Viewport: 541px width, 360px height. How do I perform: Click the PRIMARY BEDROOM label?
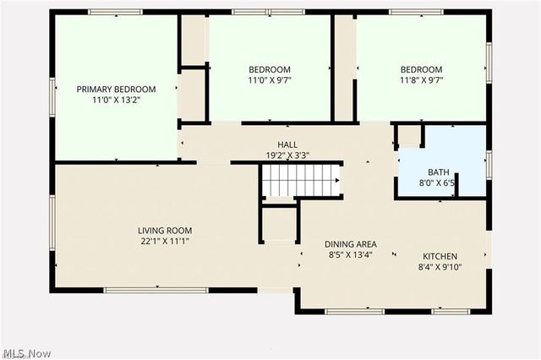116,89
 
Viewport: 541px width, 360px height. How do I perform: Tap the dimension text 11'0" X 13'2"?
116,100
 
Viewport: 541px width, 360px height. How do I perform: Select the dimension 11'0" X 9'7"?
269,80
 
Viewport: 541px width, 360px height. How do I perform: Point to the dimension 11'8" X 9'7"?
421,80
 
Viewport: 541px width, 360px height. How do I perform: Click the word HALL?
287,145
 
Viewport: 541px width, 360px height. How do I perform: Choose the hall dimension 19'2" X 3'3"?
287,155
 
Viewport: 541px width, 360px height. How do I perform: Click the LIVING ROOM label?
165,231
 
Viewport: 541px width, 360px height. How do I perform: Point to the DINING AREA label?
351,244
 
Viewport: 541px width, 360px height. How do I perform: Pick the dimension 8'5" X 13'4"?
351,256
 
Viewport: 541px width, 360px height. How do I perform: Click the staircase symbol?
300,180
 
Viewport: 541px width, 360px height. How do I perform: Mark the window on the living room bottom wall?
156,290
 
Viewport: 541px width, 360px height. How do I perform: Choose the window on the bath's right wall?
489,164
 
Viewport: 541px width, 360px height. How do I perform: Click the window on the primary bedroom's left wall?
52,95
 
